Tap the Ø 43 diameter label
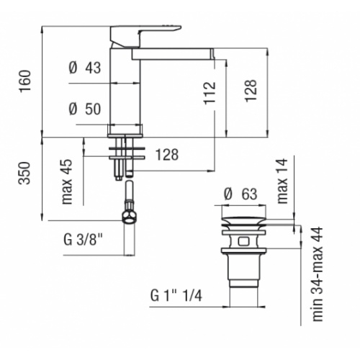(85, 68)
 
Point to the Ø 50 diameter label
(85, 109)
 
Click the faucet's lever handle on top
(140, 32)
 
